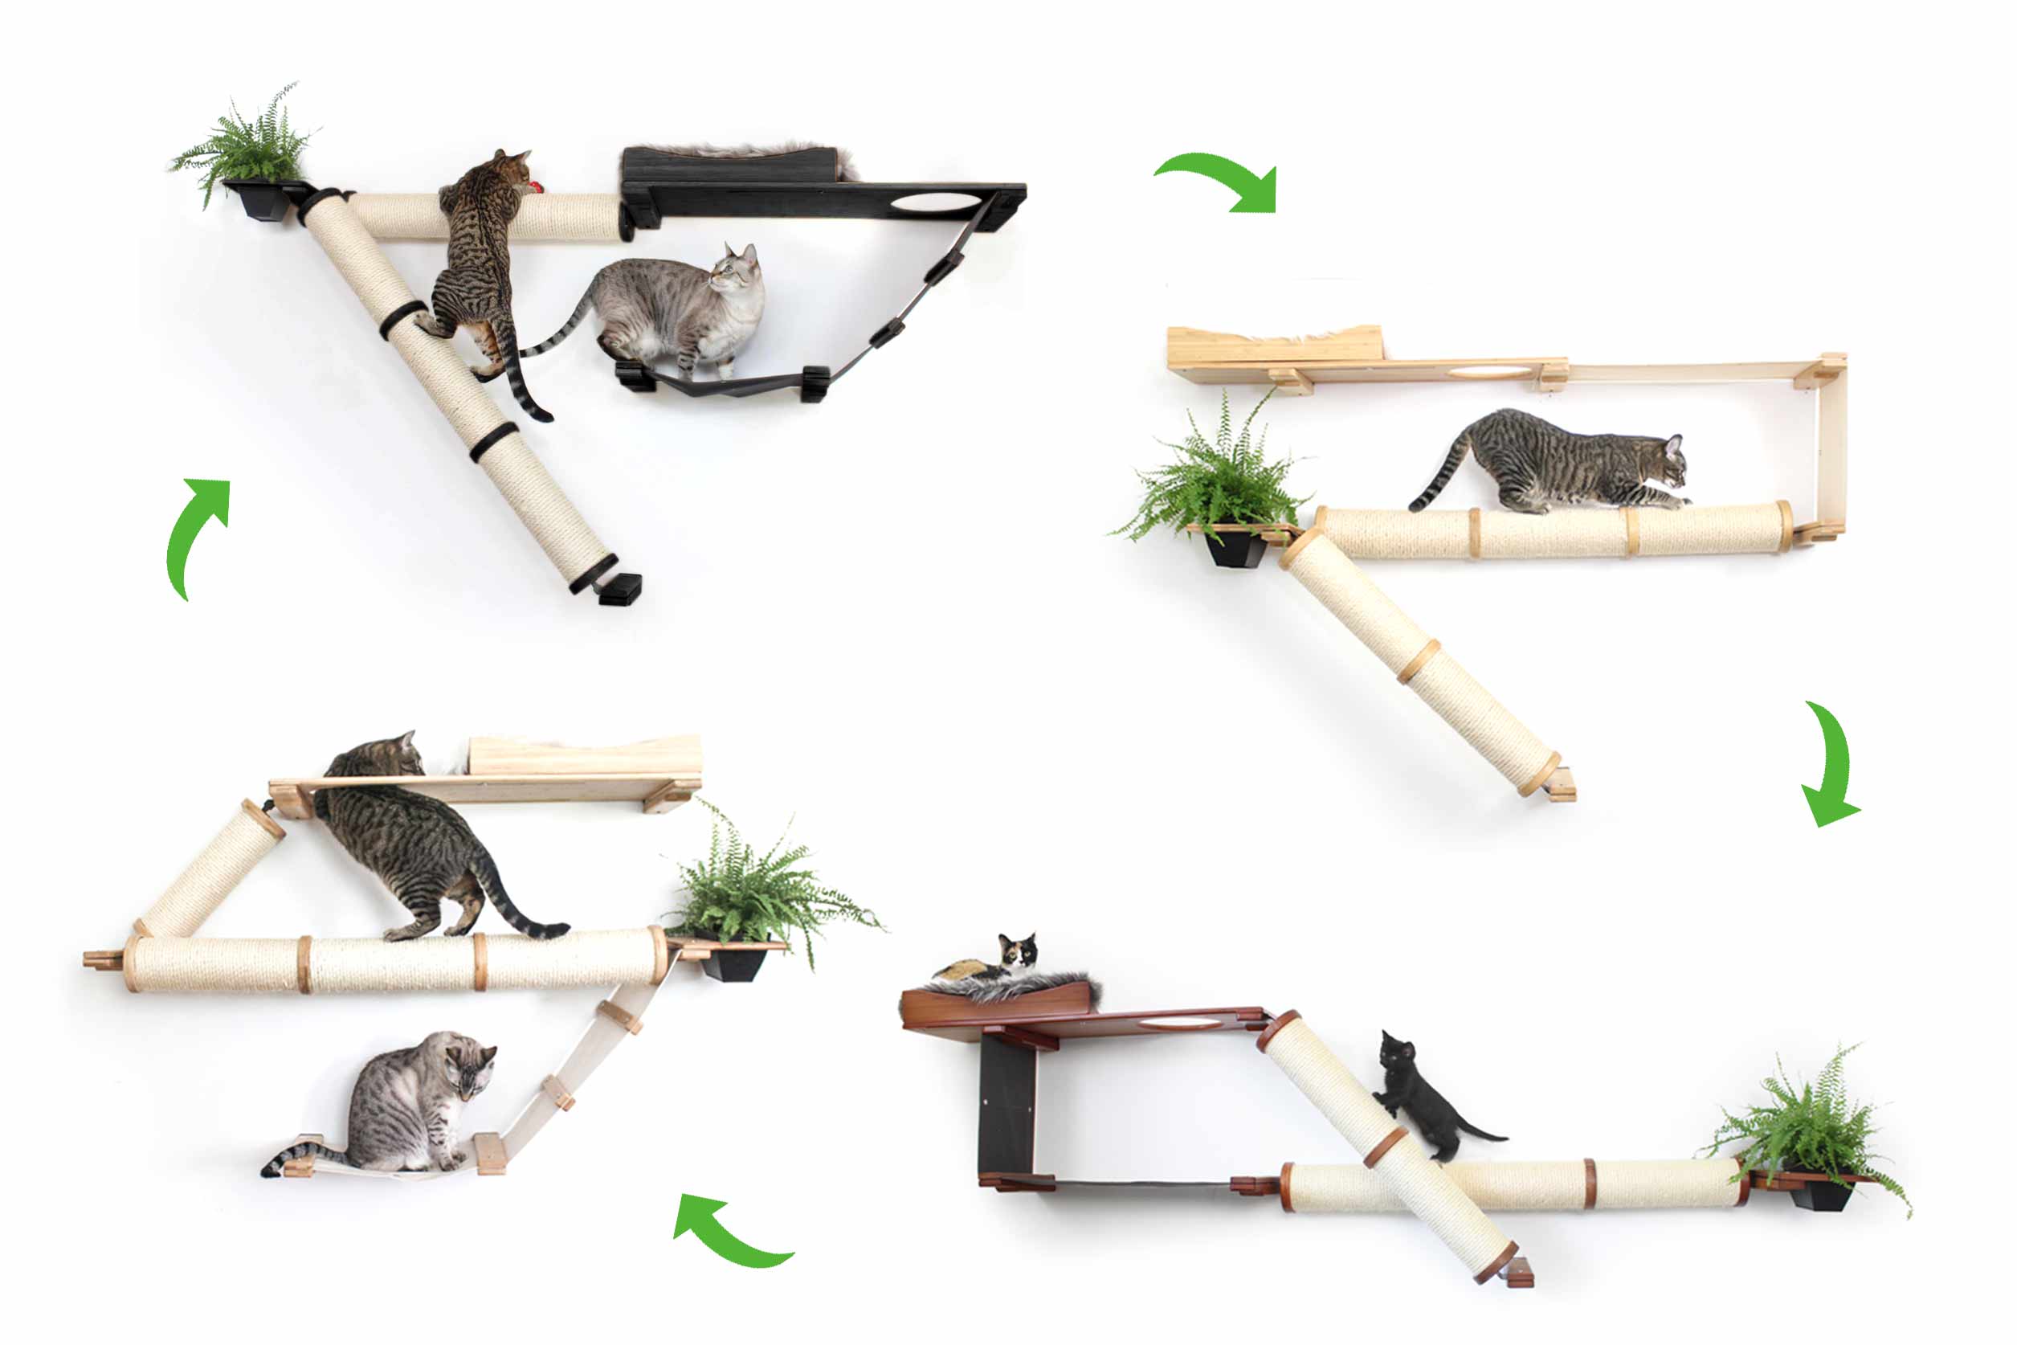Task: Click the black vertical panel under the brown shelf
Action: pyautogui.click(x=1006, y=1106)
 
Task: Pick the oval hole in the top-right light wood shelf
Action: pyautogui.click(x=1489, y=371)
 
